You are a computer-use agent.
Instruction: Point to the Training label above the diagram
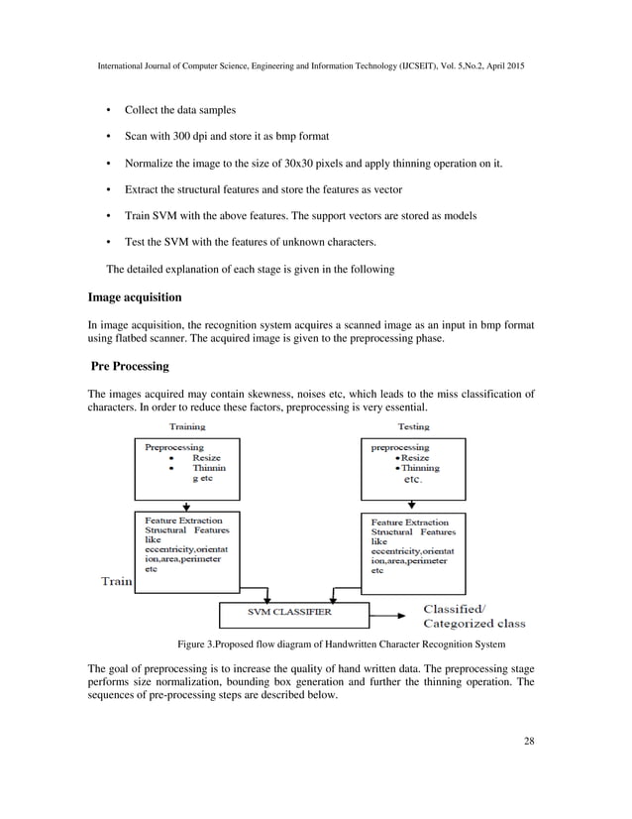[x=187, y=427]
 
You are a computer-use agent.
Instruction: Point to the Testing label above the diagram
[x=413, y=427]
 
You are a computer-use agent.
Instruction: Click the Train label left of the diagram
[x=115, y=582]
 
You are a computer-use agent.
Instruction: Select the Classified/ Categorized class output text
[x=474, y=616]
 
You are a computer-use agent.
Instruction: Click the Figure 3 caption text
[x=341, y=644]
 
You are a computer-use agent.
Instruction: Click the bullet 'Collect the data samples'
[x=179, y=108]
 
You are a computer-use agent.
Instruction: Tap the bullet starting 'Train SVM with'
[x=299, y=215]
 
